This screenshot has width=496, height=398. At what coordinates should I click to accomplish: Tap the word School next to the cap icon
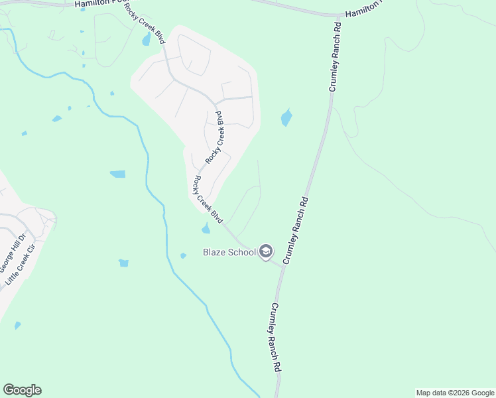[241, 252]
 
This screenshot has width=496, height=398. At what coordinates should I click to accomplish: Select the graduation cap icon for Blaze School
[265, 251]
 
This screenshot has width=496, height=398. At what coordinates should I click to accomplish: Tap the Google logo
[22, 390]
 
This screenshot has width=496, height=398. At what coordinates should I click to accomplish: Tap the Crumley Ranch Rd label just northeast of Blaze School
[296, 230]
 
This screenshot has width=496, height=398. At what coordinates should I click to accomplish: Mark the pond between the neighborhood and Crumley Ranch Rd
[286, 117]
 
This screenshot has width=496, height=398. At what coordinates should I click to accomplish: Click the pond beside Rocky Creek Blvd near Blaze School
[206, 229]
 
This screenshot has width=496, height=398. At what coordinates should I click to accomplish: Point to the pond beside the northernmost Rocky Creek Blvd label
[146, 40]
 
